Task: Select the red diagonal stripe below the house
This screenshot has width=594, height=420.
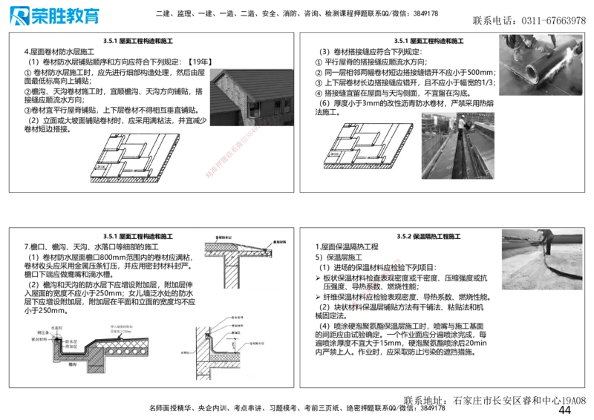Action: (232, 152)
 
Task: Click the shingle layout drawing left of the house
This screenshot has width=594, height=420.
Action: (136, 157)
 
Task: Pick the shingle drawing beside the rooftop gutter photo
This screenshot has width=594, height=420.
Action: (365, 148)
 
